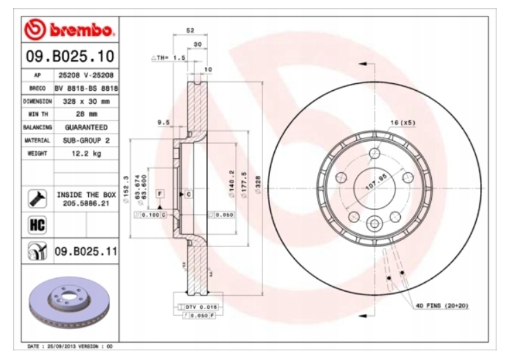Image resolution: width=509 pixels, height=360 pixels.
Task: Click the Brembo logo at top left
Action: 68,30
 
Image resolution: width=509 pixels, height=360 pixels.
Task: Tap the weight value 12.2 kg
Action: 86,153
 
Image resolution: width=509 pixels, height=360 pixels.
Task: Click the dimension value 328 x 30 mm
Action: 86,101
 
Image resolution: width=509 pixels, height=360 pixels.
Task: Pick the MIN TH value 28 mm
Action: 86,114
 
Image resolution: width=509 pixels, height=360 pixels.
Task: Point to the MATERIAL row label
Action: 38,140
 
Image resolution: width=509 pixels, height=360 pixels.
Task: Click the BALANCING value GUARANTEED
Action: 86,127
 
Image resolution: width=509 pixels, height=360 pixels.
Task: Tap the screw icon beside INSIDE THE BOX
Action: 37,199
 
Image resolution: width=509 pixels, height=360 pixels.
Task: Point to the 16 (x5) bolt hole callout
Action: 403,123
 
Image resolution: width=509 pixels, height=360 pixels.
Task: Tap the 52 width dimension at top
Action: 189,31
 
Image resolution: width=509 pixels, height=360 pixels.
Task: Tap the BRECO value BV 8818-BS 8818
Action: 86,88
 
